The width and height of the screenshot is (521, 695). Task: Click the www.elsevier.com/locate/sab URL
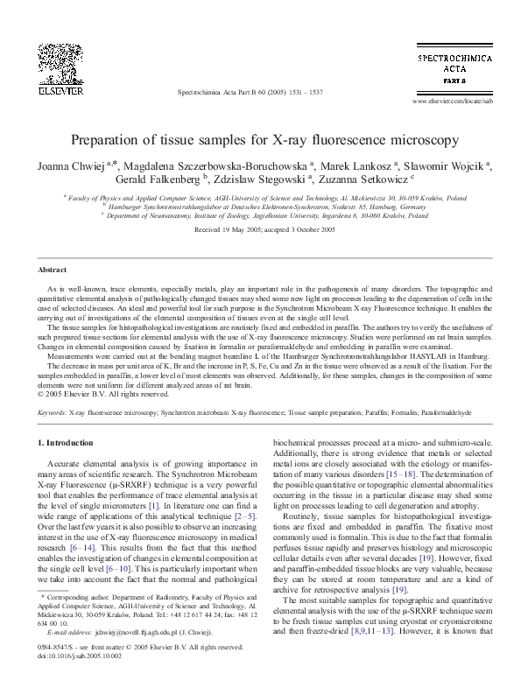[x=446, y=102]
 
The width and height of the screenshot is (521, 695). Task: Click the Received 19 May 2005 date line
[x=260, y=229]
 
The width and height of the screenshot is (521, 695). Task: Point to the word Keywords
[x=54, y=411]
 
